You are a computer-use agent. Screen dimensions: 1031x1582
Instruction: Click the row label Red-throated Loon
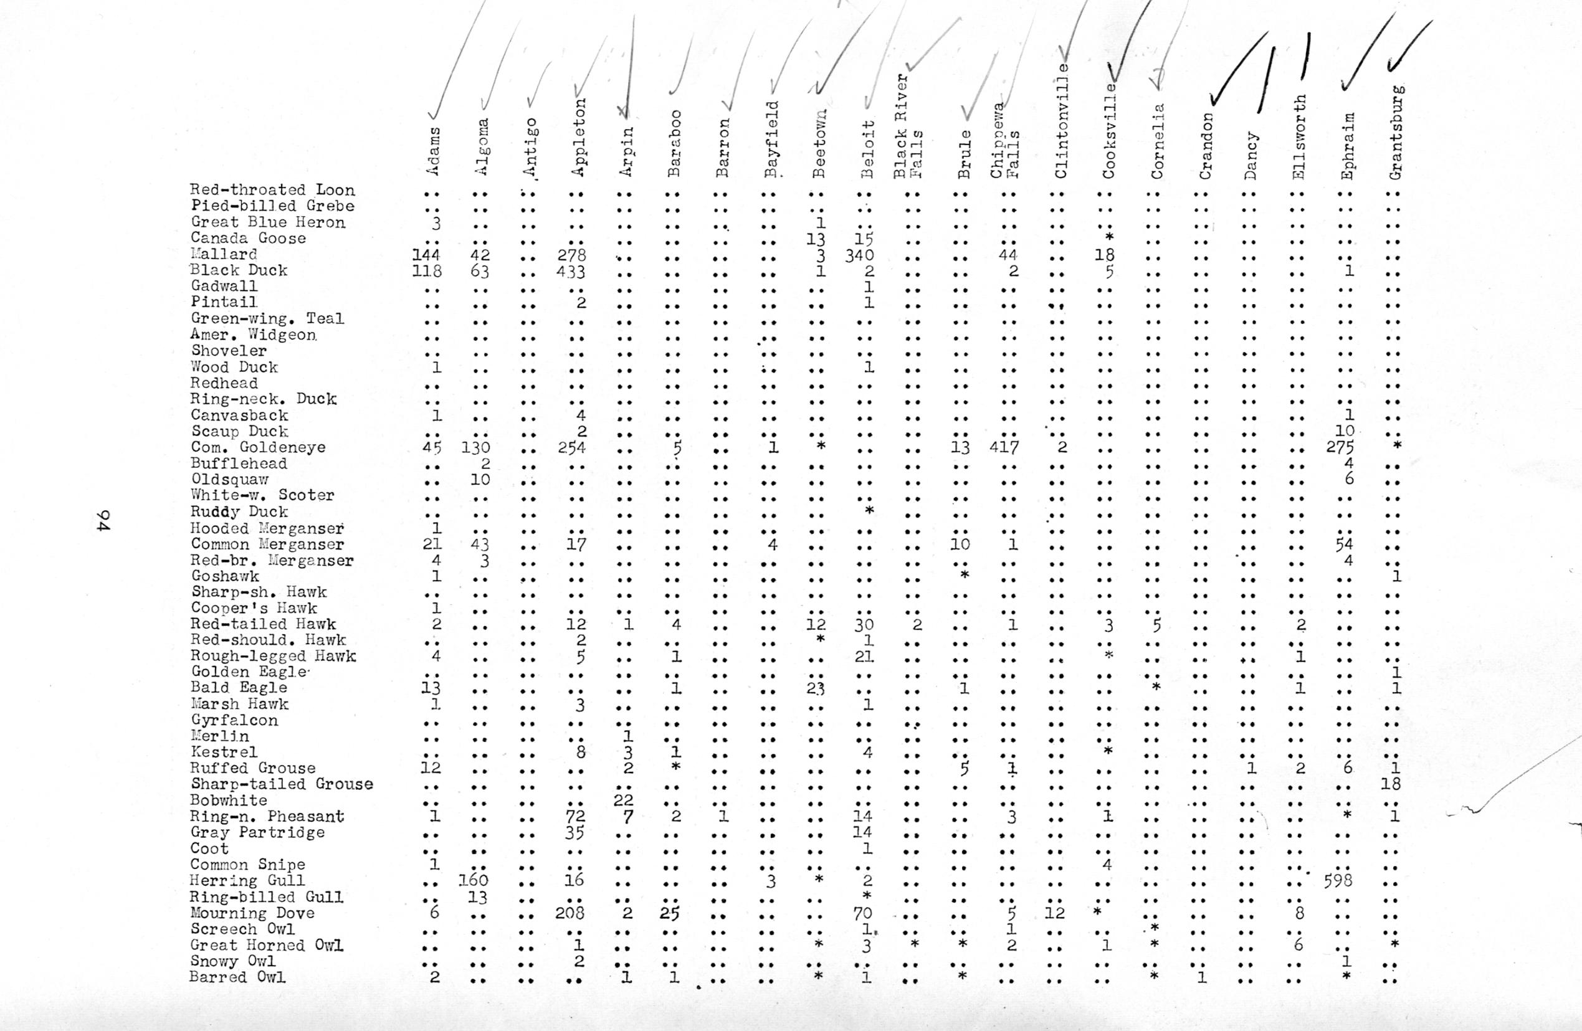[x=272, y=190]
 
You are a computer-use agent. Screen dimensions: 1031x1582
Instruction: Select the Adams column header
[x=432, y=151]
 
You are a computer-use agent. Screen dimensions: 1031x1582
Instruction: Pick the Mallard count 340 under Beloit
[x=859, y=255]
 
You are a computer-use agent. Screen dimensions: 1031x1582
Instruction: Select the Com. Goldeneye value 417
[x=1004, y=447]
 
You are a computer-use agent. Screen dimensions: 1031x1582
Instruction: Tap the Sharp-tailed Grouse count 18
[x=1390, y=784]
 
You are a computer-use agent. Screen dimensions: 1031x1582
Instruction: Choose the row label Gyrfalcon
[x=235, y=720]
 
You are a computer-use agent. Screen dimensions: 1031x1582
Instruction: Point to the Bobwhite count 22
[x=623, y=800]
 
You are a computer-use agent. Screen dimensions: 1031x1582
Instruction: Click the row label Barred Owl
[x=237, y=977]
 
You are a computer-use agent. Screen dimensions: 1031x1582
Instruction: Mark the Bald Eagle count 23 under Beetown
[x=816, y=688]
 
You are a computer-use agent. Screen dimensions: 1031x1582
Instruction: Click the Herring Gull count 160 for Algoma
[x=474, y=881]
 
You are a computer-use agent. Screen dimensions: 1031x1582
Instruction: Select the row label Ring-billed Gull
[x=267, y=896]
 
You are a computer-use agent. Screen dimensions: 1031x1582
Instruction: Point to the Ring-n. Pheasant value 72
[x=575, y=816]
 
